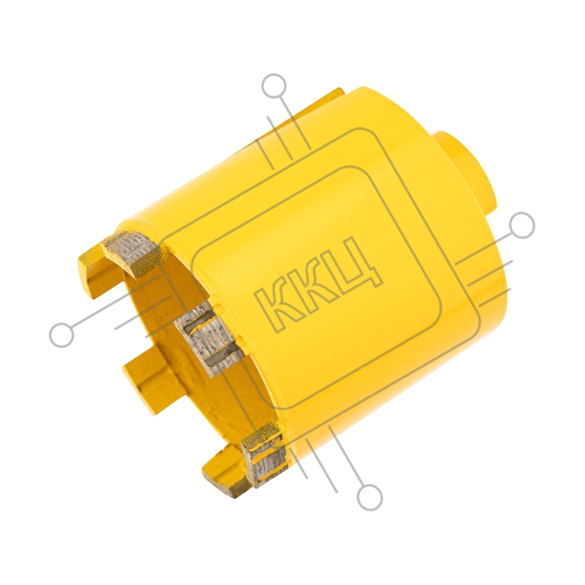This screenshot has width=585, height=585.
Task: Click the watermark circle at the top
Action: point(276,86)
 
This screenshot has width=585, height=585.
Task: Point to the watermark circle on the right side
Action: point(522,225)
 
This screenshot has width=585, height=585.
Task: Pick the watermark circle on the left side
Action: point(62,334)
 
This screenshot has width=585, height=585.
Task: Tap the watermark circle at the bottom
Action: point(370,498)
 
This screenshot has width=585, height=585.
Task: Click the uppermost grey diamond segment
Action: point(131,247)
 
